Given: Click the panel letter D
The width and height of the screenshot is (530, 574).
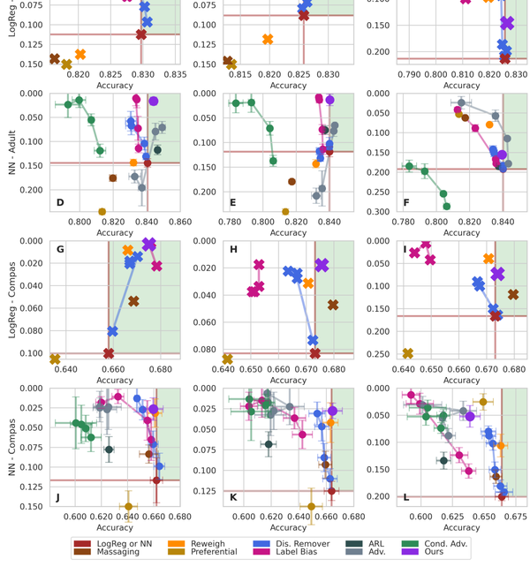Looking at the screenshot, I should click(x=59, y=203).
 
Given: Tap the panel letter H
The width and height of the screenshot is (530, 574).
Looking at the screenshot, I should click(x=233, y=250).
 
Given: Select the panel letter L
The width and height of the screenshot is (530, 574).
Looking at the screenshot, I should click(x=405, y=497).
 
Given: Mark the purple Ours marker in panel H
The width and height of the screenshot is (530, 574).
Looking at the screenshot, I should click(x=322, y=265).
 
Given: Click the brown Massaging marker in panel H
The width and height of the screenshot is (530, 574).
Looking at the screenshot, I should click(x=333, y=305).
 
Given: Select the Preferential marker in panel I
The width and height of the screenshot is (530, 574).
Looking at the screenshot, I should click(x=407, y=353).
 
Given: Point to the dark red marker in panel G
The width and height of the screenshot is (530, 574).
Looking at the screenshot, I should click(x=109, y=353).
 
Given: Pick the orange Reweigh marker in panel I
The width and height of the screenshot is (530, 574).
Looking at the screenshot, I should click(x=488, y=259).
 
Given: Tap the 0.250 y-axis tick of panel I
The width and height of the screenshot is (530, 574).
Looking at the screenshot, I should click(x=384, y=354).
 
